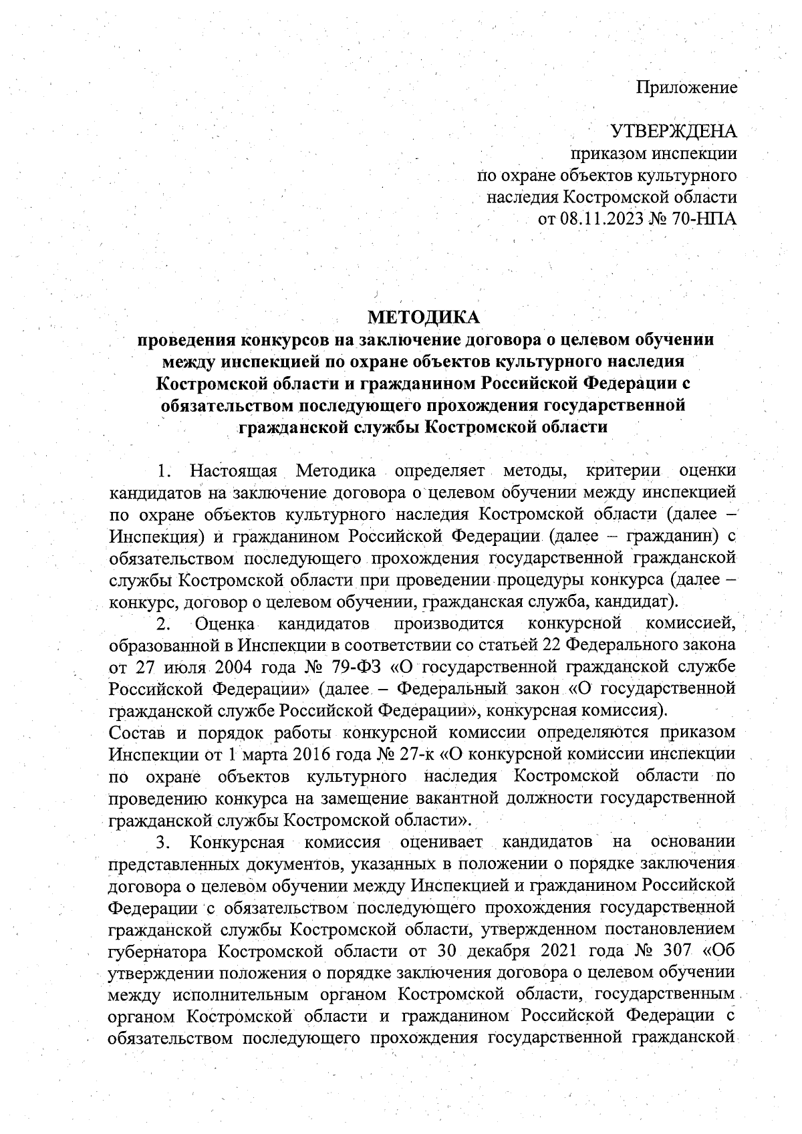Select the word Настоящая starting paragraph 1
tap(233, 470)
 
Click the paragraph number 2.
tap(164, 625)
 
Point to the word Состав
tap(138, 732)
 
